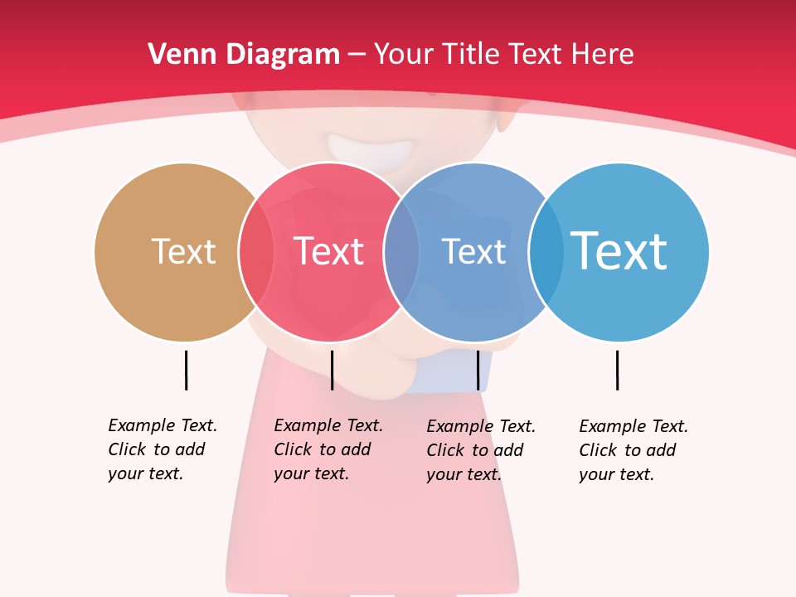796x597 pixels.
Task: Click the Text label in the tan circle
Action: point(183,251)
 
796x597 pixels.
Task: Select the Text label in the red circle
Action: point(328,251)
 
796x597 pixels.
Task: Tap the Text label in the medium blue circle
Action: point(473,251)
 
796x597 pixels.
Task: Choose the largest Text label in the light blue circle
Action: point(619,251)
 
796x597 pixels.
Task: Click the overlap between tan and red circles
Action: point(256,251)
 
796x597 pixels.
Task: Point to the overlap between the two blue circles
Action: point(546,251)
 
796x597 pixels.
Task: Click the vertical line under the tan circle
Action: point(186,370)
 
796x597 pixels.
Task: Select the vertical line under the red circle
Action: point(332,370)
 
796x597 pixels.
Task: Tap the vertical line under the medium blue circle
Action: point(478,370)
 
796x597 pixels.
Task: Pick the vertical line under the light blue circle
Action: point(617,370)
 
